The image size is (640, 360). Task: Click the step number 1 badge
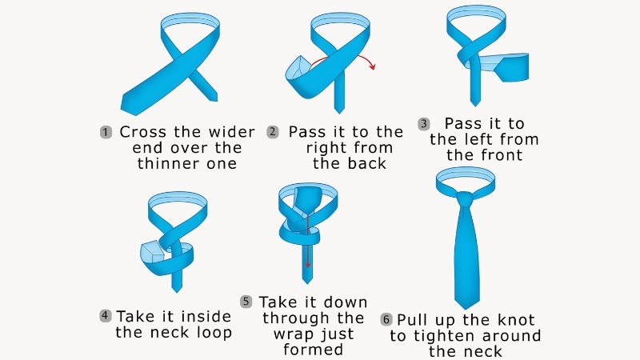106,132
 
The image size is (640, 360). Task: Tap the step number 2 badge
273,132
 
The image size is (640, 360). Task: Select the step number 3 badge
424,124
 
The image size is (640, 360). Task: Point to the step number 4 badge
106,315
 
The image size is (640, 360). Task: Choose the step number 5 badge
246,302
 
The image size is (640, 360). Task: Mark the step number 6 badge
386,319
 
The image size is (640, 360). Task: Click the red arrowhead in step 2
372,66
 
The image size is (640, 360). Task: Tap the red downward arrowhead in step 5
308,266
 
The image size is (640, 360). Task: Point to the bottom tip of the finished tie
466,309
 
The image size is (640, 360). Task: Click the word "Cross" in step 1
143,132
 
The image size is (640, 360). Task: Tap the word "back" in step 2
367,164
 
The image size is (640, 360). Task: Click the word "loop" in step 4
214,332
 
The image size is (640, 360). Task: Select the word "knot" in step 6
516,320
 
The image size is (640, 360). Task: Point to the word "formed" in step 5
313,350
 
